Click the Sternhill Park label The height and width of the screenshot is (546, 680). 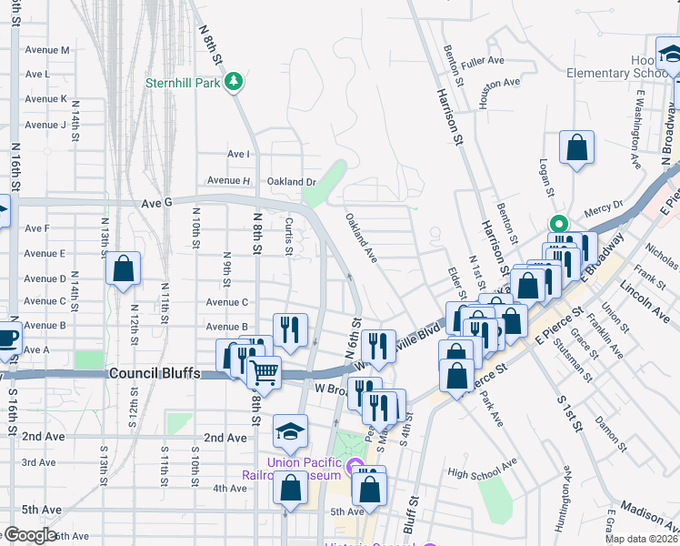click(x=183, y=82)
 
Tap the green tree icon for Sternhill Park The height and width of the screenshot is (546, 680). click(x=235, y=82)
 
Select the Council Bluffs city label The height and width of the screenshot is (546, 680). click(x=153, y=373)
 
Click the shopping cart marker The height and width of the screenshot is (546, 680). click(x=264, y=371)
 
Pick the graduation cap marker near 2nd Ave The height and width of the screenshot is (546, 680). click(x=291, y=430)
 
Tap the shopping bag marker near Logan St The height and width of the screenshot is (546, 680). click(x=576, y=148)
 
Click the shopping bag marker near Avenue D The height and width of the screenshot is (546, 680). click(x=123, y=268)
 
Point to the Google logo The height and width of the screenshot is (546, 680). click(x=30, y=534)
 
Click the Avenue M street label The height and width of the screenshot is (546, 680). click(x=48, y=50)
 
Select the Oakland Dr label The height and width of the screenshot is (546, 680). click(x=292, y=182)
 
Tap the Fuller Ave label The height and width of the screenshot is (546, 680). click(x=483, y=61)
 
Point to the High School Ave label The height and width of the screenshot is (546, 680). click(x=483, y=474)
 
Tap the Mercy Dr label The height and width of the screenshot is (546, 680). click(x=604, y=206)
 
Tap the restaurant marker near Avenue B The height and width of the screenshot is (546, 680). click(x=290, y=330)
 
